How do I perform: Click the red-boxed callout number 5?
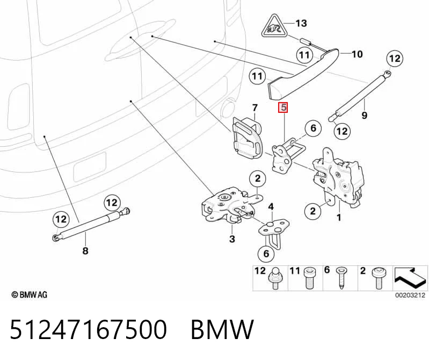pos(283,107)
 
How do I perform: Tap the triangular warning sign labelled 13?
pos(274,27)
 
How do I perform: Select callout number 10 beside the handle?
pos(357,54)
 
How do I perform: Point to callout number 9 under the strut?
pos(364,116)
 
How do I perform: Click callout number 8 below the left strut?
pos(85,250)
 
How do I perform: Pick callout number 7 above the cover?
pos(255,108)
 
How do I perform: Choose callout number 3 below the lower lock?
pos(232,239)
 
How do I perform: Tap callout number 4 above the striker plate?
pos(271,207)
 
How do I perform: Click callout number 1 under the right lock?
pos(339,218)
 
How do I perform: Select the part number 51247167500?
pos(88,329)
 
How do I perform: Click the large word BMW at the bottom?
pos(222,329)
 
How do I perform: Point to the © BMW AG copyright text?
pos(30,295)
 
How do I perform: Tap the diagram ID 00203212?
pos(410,295)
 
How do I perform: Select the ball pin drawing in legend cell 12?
pos(275,278)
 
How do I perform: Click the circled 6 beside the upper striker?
pos(313,128)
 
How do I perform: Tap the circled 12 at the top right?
pos(395,59)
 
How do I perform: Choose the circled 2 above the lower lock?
pos(258,179)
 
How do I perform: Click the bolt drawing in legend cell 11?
pos(309,278)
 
